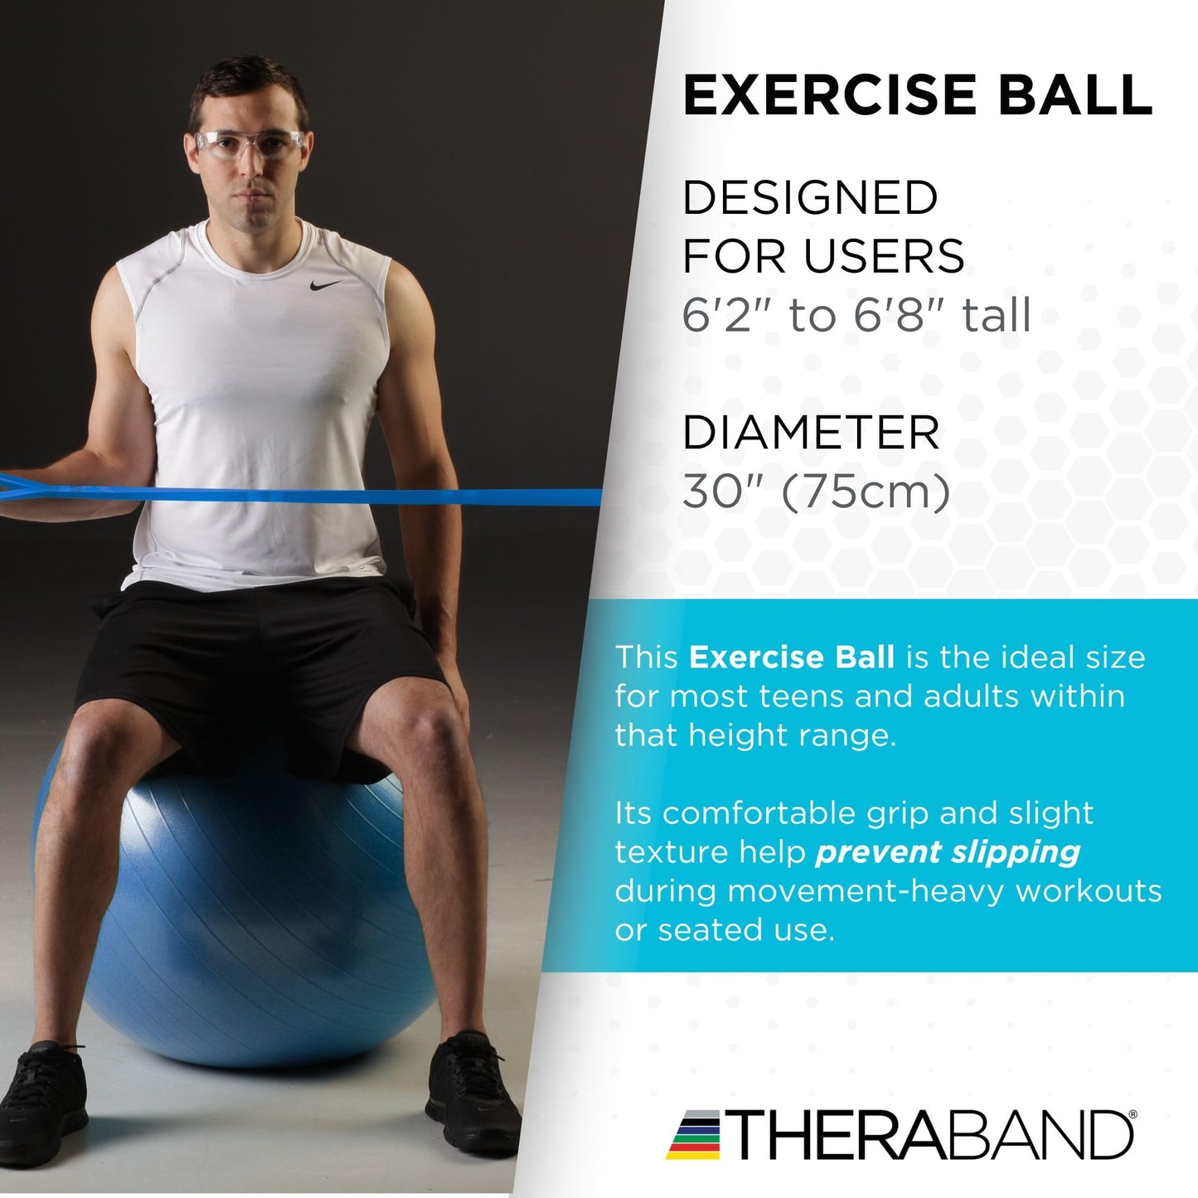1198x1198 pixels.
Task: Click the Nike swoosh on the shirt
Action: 325,285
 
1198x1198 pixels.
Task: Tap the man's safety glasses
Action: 249,144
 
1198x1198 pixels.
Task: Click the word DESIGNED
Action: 809,198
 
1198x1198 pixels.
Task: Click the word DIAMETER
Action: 811,433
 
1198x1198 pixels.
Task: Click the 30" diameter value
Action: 714,492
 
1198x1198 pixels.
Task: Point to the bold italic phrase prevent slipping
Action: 948,852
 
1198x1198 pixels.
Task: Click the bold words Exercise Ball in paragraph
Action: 791,657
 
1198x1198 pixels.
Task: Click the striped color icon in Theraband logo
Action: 695,1135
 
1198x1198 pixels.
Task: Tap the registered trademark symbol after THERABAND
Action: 1133,1116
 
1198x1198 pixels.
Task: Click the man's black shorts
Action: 257,663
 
